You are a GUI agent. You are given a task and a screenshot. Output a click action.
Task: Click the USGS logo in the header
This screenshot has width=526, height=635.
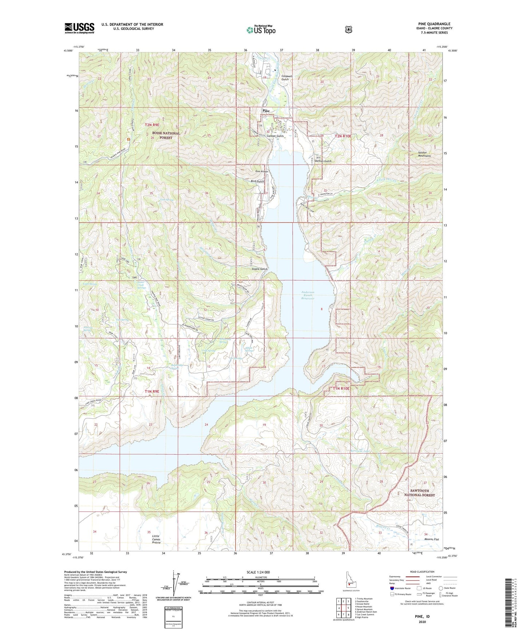coord(79,28)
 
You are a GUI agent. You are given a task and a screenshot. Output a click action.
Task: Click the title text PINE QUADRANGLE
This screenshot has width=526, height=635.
coord(434,24)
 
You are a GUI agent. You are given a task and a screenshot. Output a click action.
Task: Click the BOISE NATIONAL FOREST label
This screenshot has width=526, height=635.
coord(166,135)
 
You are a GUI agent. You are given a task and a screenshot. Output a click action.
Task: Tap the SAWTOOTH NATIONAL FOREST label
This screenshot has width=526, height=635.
coord(419,492)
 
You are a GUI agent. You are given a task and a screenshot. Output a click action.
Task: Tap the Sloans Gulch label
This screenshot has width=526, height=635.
coord(260,269)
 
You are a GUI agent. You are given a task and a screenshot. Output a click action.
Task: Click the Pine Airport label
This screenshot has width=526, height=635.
coord(261,171)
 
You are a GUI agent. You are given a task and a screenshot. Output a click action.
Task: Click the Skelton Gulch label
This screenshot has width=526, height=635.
coord(323,161)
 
